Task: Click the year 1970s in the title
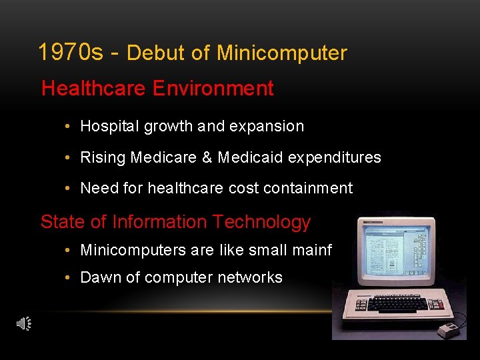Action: click(x=70, y=52)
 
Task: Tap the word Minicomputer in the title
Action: click(x=282, y=53)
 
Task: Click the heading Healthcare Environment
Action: click(x=157, y=89)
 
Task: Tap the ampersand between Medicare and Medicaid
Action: click(x=207, y=157)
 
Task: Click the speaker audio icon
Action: click(x=24, y=324)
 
